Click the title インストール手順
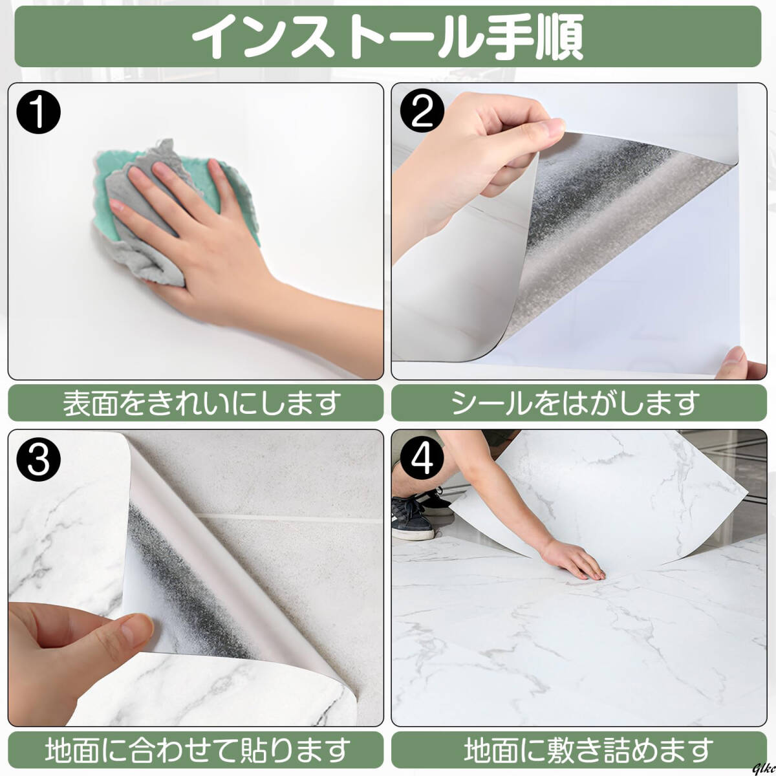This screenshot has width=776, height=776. [387, 37]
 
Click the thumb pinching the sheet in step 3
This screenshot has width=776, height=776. [121, 632]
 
